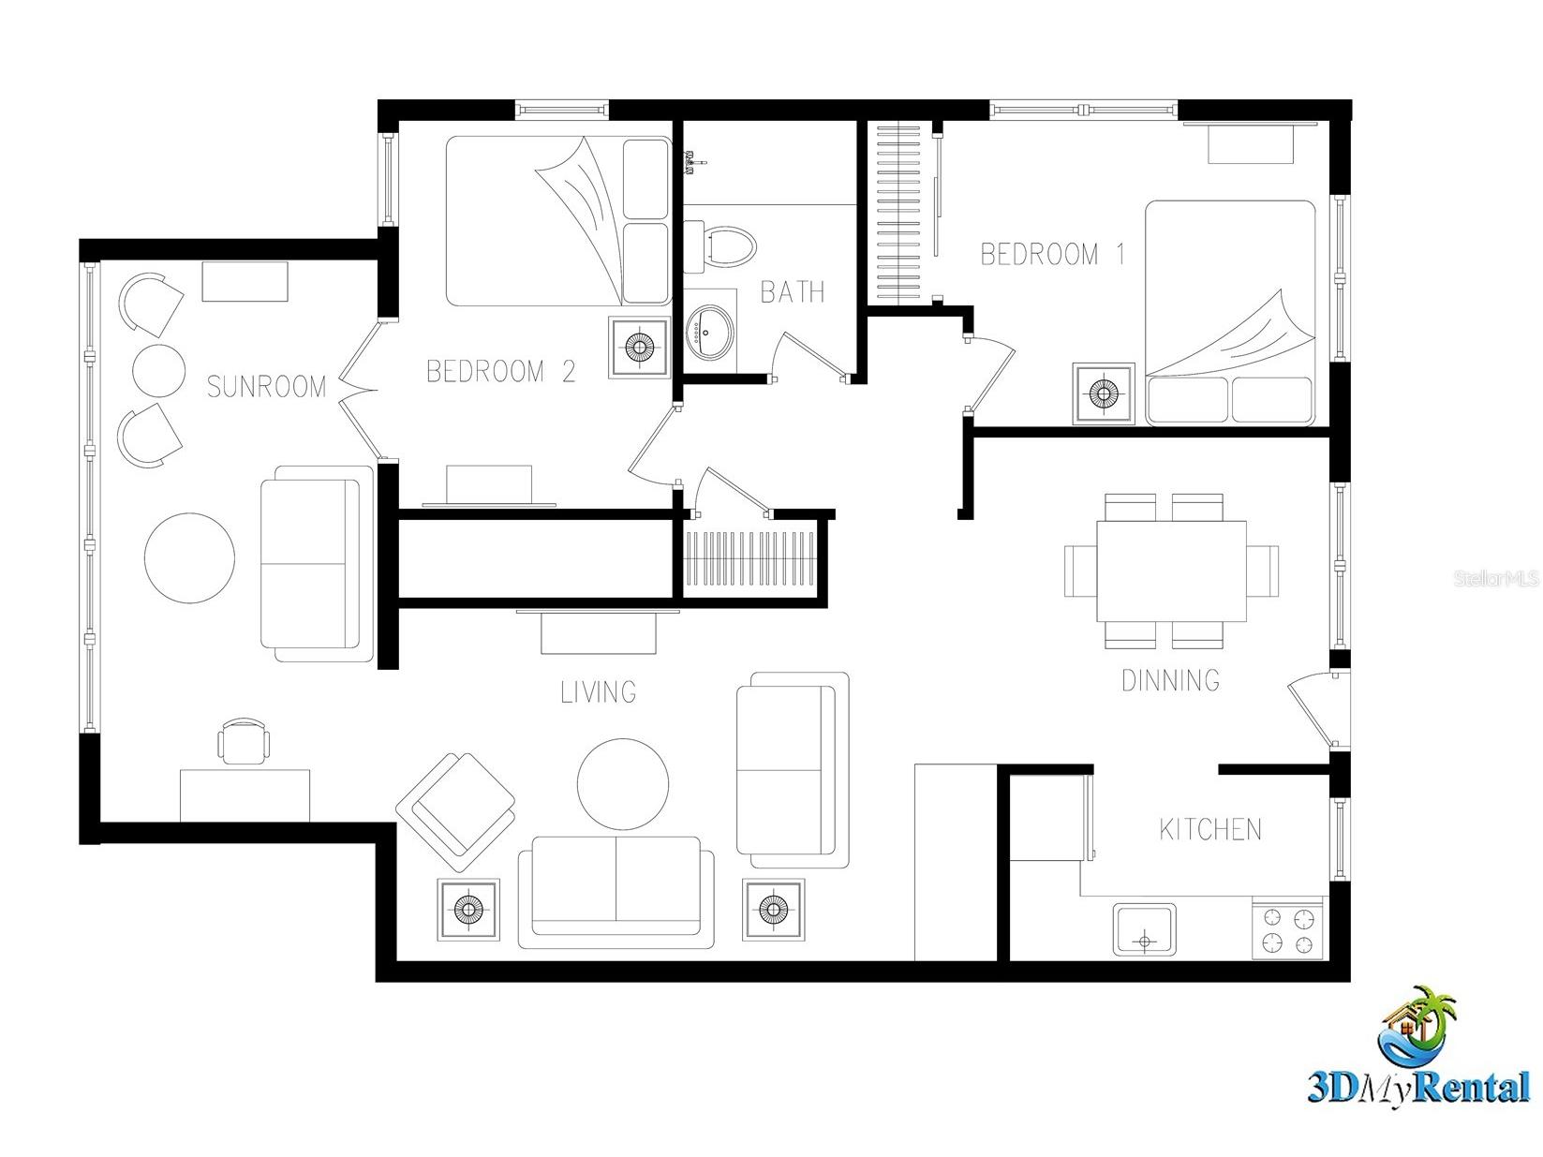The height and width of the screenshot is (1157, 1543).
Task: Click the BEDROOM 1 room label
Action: (1052, 254)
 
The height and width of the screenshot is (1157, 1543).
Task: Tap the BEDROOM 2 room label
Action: (501, 371)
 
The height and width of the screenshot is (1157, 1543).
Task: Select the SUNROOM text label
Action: (266, 387)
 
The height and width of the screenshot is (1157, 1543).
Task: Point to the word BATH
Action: (793, 291)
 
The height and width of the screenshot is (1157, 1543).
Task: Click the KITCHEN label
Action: (1210, 829)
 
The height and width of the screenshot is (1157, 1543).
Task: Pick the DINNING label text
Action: (1170, 680)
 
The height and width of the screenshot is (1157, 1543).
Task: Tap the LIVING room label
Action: (599, 692)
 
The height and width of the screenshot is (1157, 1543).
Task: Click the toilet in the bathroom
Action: (720, 247)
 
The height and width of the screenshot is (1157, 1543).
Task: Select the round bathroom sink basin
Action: (710, 332)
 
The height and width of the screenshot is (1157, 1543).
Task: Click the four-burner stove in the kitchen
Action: (1287, 929)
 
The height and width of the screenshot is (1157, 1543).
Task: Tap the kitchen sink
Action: (1145, 929)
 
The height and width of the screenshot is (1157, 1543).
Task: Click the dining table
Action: (1171, 571)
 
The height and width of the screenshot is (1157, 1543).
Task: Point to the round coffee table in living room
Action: (623, 784)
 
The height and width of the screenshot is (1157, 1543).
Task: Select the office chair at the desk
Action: (244, 740)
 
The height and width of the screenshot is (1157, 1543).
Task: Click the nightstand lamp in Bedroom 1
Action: (1103, 393)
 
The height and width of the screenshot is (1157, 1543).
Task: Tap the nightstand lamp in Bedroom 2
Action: (639, 348)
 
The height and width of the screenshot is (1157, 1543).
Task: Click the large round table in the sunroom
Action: (190, 557)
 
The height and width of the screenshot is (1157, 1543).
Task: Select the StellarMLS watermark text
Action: (1496, 579)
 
